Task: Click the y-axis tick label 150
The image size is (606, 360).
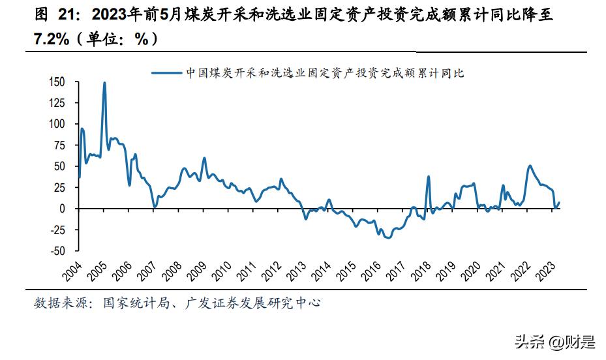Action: click(57, 82)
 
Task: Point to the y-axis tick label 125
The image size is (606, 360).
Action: click(57, 102)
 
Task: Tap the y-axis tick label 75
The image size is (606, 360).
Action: click(60, 145)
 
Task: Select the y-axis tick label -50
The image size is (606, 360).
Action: click(58, 251)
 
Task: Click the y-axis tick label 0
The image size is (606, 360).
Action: click(63, 209)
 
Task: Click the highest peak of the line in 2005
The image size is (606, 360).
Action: click(104, 83)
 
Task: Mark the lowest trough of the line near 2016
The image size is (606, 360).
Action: click(389, 238)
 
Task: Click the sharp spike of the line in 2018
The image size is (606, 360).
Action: click(429, 177)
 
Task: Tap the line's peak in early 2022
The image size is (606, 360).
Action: click(530, 166)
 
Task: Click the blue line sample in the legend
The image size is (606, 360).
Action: click(166, 73)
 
